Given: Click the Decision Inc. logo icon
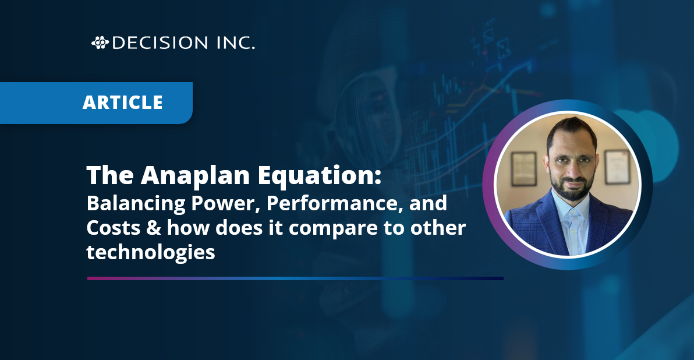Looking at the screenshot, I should point(100,43).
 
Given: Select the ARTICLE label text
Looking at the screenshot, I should point(122,103).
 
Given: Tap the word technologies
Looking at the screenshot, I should point(151,252).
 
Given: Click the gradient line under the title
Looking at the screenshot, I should point(295,278).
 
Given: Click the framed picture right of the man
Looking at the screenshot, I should point(615,166).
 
